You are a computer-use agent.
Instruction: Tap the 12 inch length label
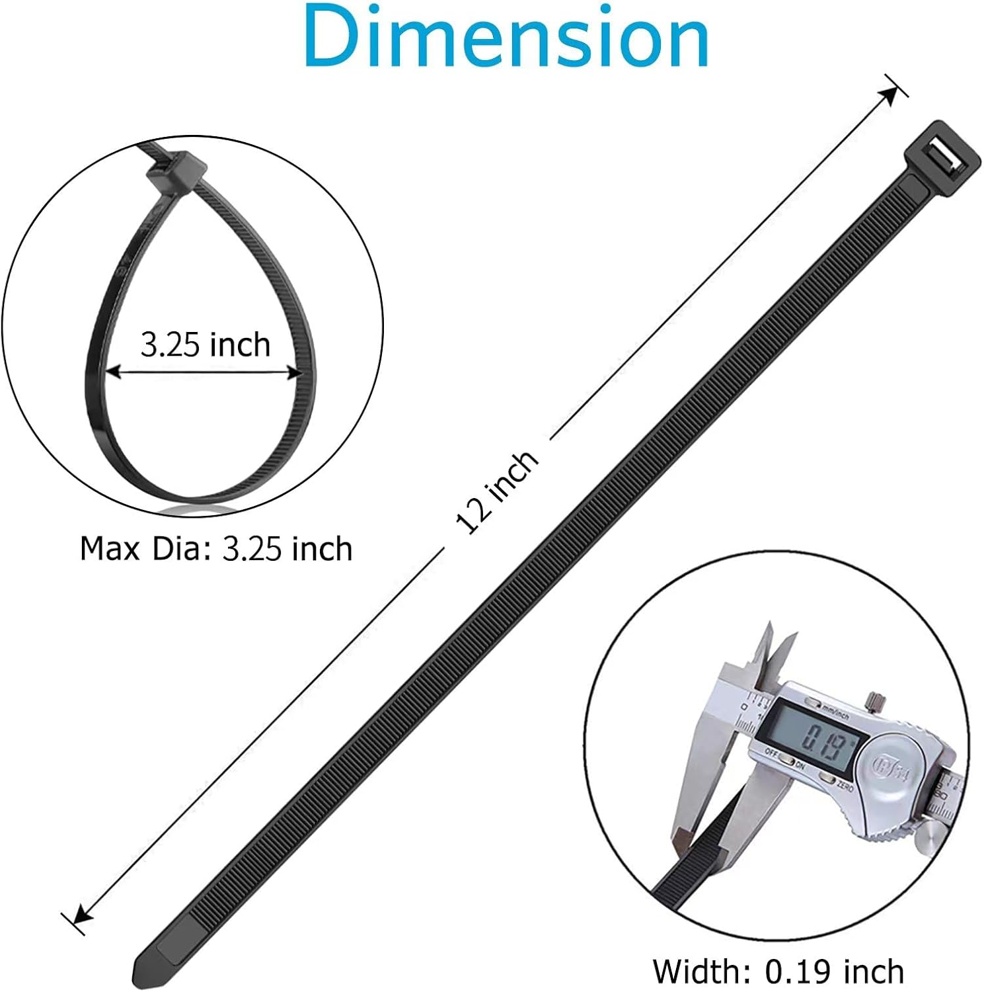[498, 492]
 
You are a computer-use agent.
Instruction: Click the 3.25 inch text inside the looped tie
[206, 345]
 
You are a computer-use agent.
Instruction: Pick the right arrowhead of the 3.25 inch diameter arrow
[293, 374]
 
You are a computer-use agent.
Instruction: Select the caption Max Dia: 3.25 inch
[215, 549]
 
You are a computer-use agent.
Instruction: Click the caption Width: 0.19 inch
[778, 971]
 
